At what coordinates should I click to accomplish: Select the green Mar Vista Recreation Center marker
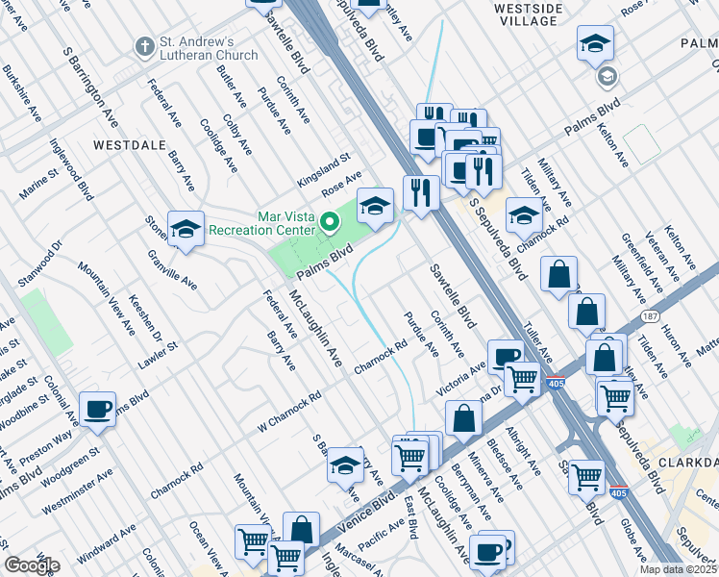(330, 223)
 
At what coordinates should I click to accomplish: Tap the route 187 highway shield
(651, 314)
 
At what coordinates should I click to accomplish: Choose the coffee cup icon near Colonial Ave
(96, 409)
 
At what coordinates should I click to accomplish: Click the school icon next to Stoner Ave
(186, 230)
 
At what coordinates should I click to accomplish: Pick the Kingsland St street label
(324, 156)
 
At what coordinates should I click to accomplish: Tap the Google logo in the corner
(32, 565)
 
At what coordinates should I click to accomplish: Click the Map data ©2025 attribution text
(678, 569)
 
